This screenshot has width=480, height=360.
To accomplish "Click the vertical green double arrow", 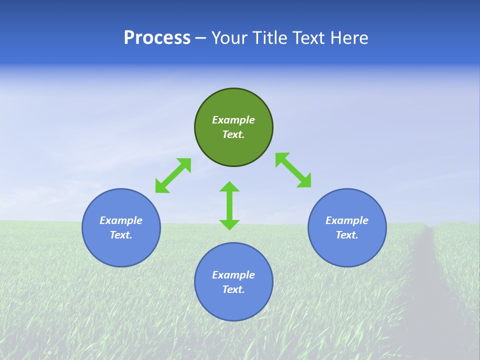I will coord(229,205).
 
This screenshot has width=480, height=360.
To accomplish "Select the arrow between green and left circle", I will coord(173,175).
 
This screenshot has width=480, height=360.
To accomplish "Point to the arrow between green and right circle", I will coord(293,170).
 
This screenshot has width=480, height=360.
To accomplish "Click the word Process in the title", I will coord(157,37).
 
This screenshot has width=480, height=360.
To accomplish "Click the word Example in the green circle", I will coord(233,120).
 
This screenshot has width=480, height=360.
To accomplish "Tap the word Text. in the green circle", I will coord(233,134).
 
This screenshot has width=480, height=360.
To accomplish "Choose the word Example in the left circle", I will coord(121,220).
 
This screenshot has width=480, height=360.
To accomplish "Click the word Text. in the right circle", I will coord(347,235).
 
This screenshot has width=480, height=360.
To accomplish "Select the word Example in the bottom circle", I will coord(233,275).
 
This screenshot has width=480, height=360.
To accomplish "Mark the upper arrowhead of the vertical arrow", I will coord(229,187).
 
